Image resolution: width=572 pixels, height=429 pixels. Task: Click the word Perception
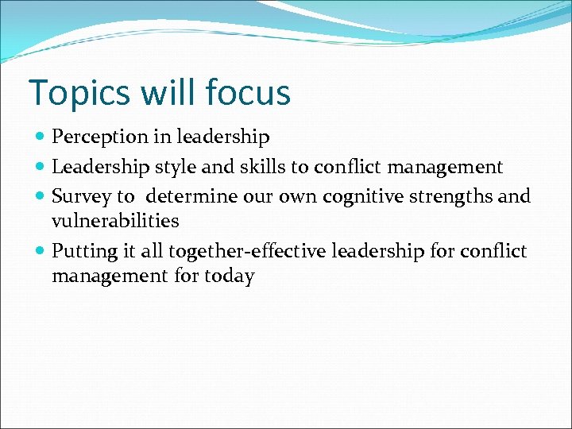point(100,137)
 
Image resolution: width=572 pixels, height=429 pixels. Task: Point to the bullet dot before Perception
point(41,137)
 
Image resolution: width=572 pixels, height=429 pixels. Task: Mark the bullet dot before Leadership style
point(41,167)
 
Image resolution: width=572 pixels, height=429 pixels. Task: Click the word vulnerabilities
point(115,221)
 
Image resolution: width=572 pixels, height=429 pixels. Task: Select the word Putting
point(86,252)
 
